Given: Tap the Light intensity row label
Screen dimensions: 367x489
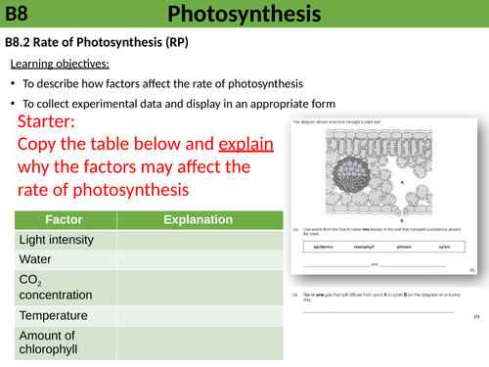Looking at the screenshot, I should click(x=57, y=240).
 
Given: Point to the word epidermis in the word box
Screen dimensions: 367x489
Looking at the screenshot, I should click(x=322, y=247).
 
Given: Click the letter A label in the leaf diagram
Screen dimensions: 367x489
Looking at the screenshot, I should click(x=402, y=182).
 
